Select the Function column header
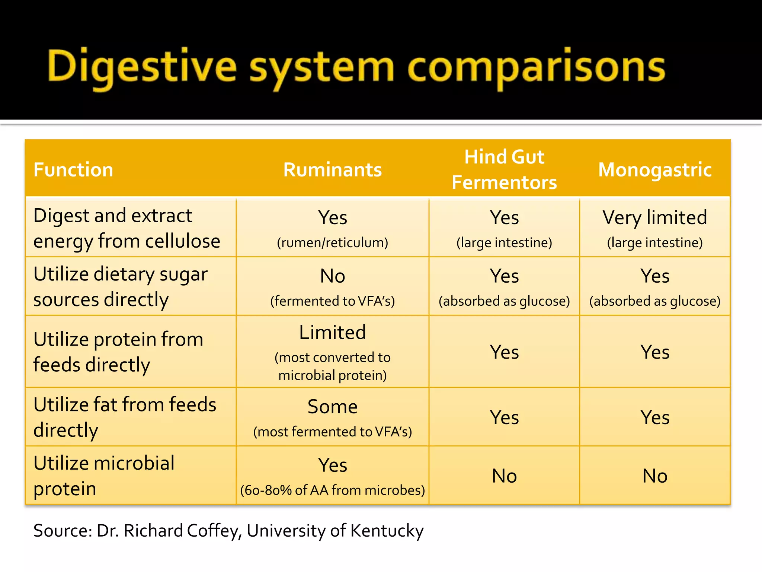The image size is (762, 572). click(73, 170)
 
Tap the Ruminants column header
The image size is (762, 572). click(332, 170)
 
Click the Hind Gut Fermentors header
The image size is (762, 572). click(504, 170)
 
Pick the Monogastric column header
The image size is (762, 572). click(655, 170)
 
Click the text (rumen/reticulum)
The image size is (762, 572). click(332, 243)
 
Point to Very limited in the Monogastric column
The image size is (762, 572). click(655, 217)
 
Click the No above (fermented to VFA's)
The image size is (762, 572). click(332, 276)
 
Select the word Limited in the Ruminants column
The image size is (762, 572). click(332, 333)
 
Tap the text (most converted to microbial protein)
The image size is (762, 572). click(332, 366)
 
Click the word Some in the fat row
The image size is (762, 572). click(332, 407)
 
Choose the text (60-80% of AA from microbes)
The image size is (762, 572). click(332, 490)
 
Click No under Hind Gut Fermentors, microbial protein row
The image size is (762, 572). click(504, 476)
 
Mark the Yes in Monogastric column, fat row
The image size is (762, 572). click(655, 417)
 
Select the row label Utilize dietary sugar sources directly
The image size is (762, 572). click(120, 287)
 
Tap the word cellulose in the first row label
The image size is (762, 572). click(182, 241)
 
